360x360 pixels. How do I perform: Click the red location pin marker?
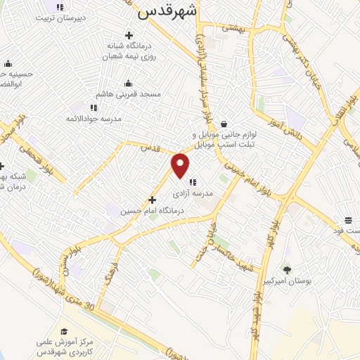[x=181, y=165]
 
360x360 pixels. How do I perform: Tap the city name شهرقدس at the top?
[x=167, y=10]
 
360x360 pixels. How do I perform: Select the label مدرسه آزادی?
[x=192, y=193]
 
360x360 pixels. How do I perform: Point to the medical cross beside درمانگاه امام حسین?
[x=152, y=199]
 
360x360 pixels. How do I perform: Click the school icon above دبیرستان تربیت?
[x=60, y=6]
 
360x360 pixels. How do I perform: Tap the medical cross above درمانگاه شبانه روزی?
[x=129, y=35]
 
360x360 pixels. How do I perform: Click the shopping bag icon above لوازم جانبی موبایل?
[x=224, y=124]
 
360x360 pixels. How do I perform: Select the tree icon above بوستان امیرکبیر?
[x=286, y=269]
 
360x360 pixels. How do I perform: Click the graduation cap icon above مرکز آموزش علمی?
[x=64, y=331]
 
